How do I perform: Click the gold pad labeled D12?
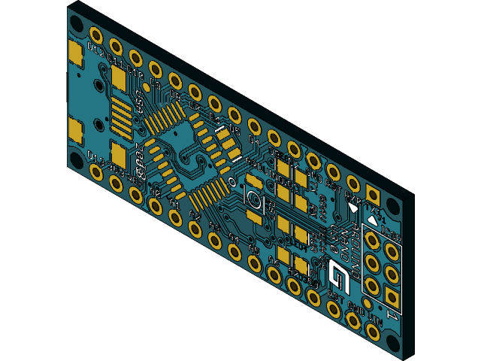96,35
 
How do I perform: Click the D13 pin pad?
96,172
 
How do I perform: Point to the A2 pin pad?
195,229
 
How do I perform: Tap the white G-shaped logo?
339,278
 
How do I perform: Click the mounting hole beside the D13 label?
77,160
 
